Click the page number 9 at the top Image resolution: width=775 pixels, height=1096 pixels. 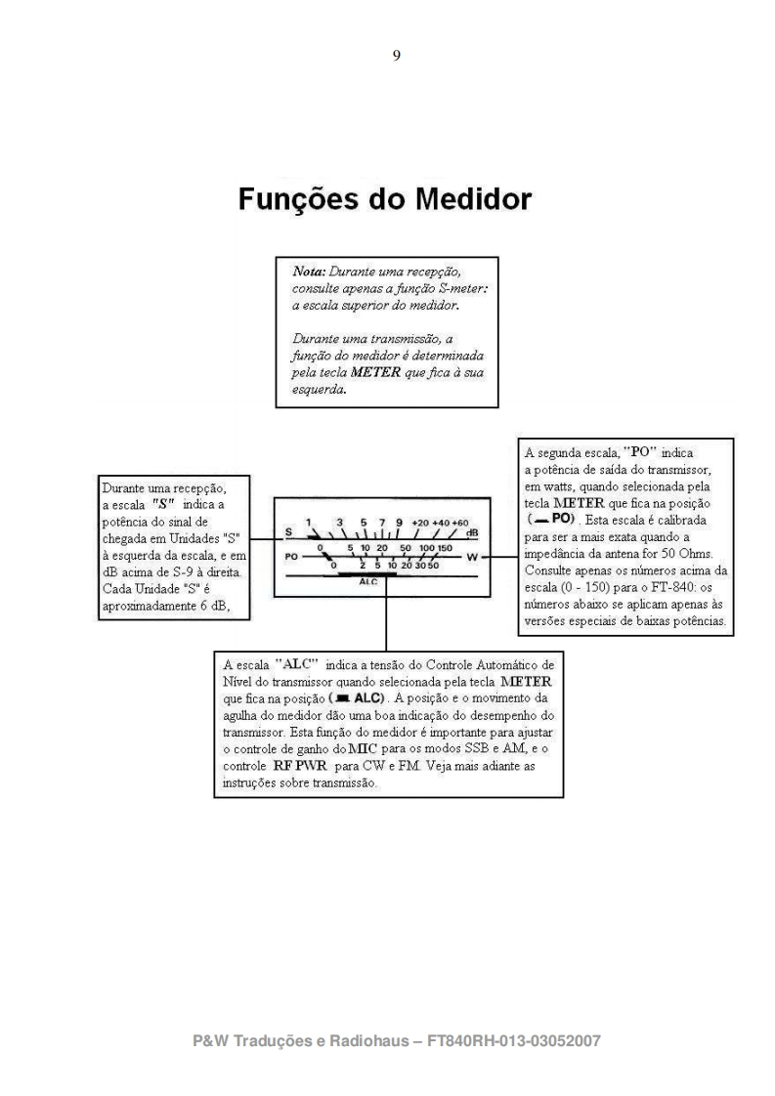pos(395,56)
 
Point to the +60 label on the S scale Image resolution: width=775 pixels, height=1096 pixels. pos(460,523)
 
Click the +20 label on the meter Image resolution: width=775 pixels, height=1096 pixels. pos(420,523)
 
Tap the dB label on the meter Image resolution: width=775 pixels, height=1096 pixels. pos(473,533)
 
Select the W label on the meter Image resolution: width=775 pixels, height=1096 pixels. pos(472,556)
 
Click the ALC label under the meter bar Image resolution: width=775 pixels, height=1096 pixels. pos(368,580)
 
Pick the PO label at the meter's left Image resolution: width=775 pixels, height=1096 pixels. pos(291,556)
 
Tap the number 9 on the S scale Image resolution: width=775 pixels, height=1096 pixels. pos(399,523)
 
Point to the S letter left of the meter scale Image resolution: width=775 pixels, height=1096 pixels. pos(289,532)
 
